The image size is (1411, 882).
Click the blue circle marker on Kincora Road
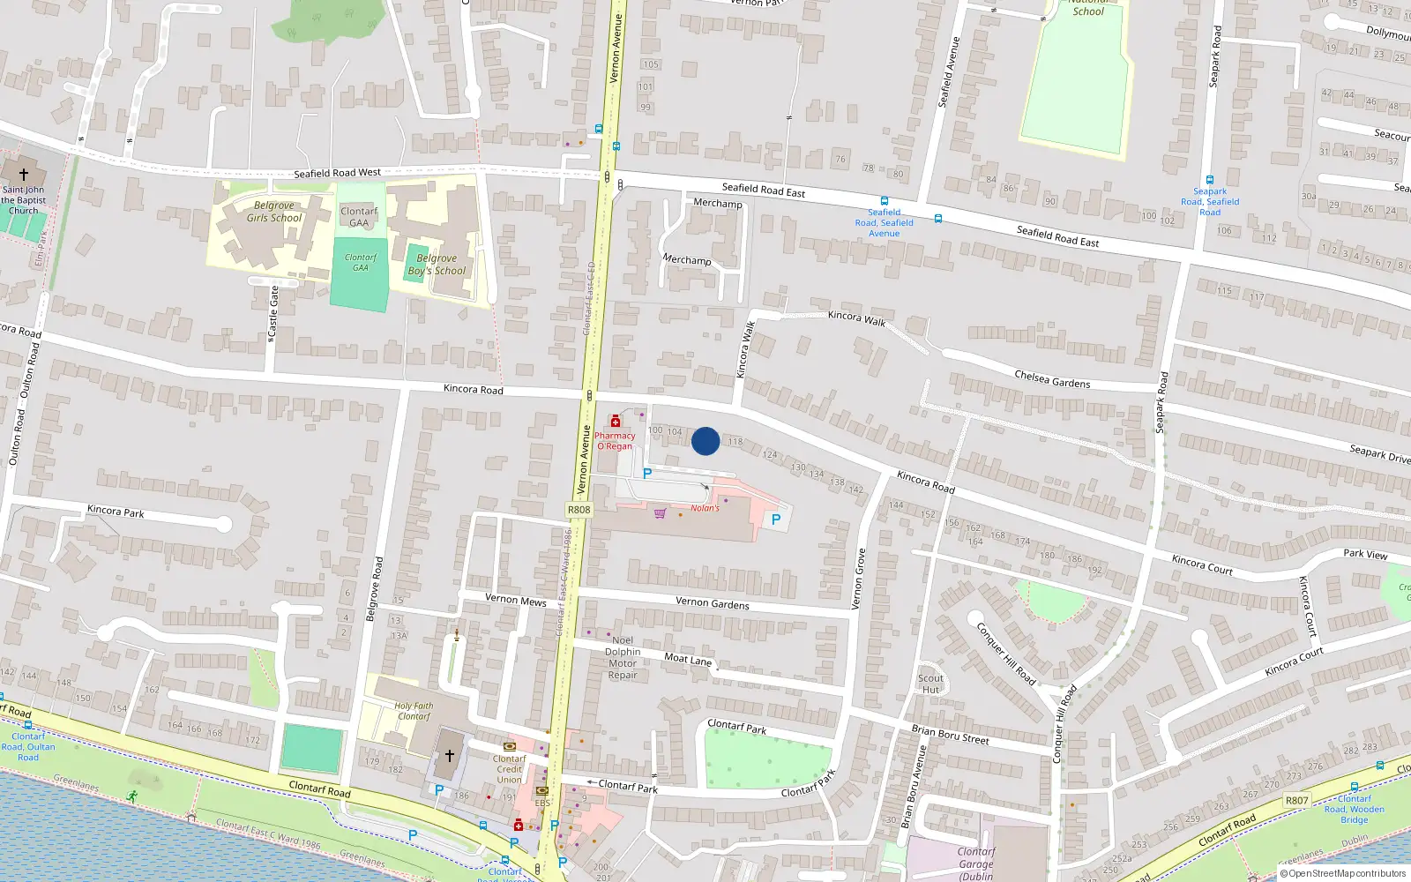point(705,441)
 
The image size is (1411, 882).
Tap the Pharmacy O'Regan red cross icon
point(616,422)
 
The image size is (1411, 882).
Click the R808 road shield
point(579,510)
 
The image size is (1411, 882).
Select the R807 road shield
point(1296,801)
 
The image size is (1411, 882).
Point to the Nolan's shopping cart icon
point(660,512)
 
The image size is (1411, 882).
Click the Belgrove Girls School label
point(273,212)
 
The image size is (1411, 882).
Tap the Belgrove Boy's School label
point(437,265)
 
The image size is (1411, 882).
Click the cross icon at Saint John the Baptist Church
point(24,175)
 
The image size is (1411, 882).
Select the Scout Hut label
point(930,684)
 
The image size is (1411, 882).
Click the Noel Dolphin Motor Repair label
point(623,658)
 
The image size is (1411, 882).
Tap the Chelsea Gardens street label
point(1052,379)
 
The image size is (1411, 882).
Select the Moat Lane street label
point(688,659)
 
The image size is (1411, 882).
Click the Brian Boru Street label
point(950,734)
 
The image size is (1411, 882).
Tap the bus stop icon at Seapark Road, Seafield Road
point(1210,180)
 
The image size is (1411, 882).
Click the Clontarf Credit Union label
point(509,769)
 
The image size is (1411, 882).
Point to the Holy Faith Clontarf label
point(414,711)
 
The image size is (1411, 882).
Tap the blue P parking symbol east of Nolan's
point(776,519)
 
